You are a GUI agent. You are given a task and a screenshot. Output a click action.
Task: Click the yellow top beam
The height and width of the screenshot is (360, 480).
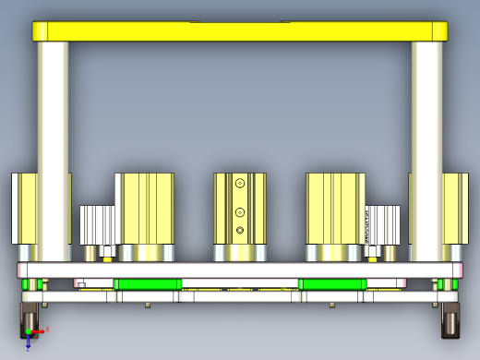pyautogui.click(x=240, y=30)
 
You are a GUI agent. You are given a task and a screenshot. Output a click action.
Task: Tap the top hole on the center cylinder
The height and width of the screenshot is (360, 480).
pyautogui.click(x=240, y=185)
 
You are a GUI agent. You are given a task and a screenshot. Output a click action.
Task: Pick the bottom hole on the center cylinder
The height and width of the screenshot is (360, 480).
pyautogui.click(x=240, y=229)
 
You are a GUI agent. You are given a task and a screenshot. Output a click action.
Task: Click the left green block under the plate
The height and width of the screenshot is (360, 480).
pyautogui.click(x=147, y=283)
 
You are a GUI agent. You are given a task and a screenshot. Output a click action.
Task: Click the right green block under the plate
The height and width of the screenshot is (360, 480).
pyautogui.click(x=332, y=283)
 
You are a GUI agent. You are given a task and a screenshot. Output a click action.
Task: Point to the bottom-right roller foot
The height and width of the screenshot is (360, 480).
pyautogui.click(x=451, y=318)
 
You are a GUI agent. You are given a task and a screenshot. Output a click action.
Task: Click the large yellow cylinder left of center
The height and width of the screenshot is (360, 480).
pyautogui.click(x=145, y=208)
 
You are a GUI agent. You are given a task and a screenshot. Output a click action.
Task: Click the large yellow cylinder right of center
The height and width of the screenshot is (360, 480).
pyautogui.click(x=334, y=208)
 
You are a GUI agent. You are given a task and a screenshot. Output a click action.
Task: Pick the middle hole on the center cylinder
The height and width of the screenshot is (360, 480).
pyautogui.click(x=240, y=207)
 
